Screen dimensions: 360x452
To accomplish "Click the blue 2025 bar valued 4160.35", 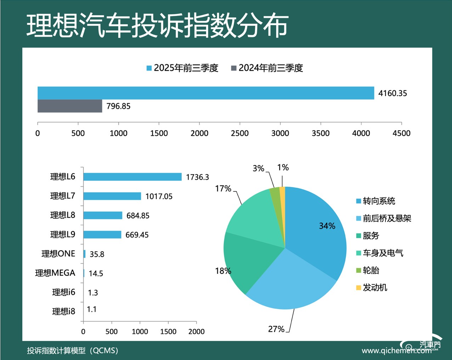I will point(205,93).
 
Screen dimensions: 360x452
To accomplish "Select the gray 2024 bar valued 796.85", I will point(70,106).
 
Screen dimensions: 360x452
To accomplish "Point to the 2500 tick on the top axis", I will point(240,133).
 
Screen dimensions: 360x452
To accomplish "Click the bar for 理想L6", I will point(132,177).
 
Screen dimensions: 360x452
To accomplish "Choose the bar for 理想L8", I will point(103,215).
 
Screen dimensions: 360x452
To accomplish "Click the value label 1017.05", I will point(159,196).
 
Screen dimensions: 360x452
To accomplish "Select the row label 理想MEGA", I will point(55,273).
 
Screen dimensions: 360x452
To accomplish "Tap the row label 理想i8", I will point(63,311).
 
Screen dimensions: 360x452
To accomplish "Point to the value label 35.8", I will point(97,254).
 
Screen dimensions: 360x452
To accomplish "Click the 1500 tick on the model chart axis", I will point(168,331).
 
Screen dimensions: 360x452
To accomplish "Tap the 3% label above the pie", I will point(258,168).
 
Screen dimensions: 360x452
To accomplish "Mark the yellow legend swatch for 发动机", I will point(358,288).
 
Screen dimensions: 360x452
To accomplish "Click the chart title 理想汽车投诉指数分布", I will point(157,26).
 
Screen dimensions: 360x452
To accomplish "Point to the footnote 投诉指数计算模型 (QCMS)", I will point(73,350).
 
